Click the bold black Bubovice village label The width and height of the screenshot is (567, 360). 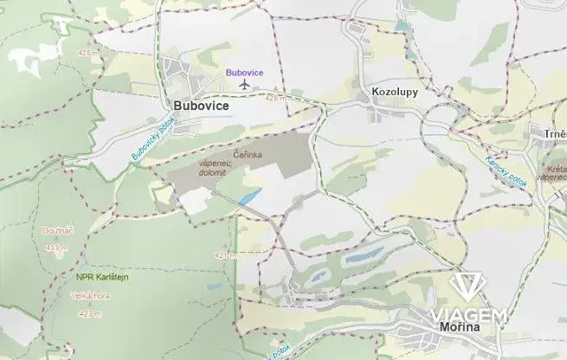[x=202, y=106]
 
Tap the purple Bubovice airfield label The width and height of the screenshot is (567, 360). [x=244, y=73]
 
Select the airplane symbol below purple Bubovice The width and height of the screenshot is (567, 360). [x=244, y=85]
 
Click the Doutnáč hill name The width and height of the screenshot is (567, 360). [x=55, y=232]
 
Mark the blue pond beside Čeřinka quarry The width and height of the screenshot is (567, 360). [x=249, y=196]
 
